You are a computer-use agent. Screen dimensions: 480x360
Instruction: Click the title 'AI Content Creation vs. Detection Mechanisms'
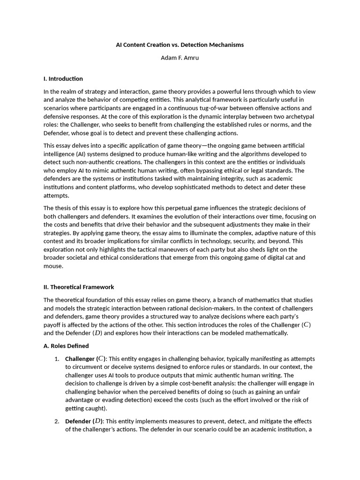point(180,45)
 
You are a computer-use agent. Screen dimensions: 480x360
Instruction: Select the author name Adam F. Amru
point(180,58)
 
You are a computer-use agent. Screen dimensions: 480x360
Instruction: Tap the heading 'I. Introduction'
point(63,79)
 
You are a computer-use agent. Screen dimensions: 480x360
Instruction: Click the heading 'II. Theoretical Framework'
point(79,287)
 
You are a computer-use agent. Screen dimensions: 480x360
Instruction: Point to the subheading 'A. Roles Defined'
point(66,346)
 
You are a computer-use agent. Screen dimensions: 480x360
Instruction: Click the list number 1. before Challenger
point(57,359)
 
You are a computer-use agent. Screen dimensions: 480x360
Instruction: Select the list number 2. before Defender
point(57,421)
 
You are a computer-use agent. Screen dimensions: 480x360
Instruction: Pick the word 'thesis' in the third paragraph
point(63,208)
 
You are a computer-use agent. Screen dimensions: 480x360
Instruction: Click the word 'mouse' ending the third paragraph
point(53,266)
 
